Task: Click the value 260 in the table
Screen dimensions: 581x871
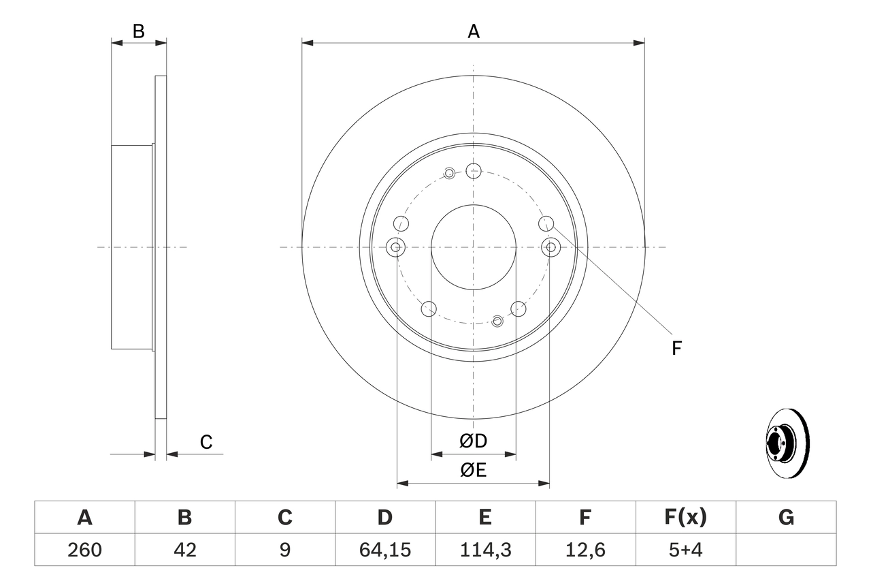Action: coord(84,550)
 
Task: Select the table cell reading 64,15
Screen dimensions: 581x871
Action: coord(385,550)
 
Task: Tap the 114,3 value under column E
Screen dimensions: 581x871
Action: coord(485,550)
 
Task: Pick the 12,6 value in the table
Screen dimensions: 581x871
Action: coord(585,550)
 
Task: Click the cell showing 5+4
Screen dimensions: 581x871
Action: coord(685,550)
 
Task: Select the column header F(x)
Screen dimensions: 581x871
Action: coord(685,518)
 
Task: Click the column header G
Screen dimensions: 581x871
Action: coord(786,518)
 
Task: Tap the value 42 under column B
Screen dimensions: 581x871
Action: coord(184,550)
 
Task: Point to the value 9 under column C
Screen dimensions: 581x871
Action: coord(284,550)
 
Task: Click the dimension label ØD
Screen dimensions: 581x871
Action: coord(474,441)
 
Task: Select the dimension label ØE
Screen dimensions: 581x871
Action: coord(474,471)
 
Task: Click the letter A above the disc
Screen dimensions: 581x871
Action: coord(474,31)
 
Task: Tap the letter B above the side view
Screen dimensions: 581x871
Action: coord(139,31)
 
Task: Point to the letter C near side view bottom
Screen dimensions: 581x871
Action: coord(206,443)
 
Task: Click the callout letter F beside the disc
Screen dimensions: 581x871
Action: coord(676,349)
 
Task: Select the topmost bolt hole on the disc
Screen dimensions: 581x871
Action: coord(474,170)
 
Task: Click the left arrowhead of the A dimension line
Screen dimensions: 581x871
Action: coord(308,43)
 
